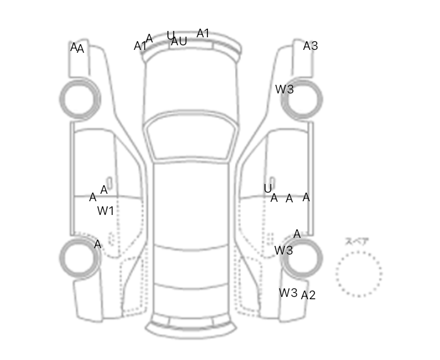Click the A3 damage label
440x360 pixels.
pos(311,46)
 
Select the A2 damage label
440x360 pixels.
pos(308,295)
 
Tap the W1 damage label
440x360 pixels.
pos(105,211)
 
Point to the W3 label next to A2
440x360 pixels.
pos(288,293)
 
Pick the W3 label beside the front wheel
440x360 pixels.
pos(285,89)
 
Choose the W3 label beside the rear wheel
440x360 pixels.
pos(284,250)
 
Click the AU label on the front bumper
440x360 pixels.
pos(179,41)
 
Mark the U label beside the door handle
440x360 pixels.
pos(268,189)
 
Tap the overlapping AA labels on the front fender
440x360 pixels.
pos(77,48)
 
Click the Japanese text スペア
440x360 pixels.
pos(357,241)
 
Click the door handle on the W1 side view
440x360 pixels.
pos(109,182)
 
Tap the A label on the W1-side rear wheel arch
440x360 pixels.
pos(97,244)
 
